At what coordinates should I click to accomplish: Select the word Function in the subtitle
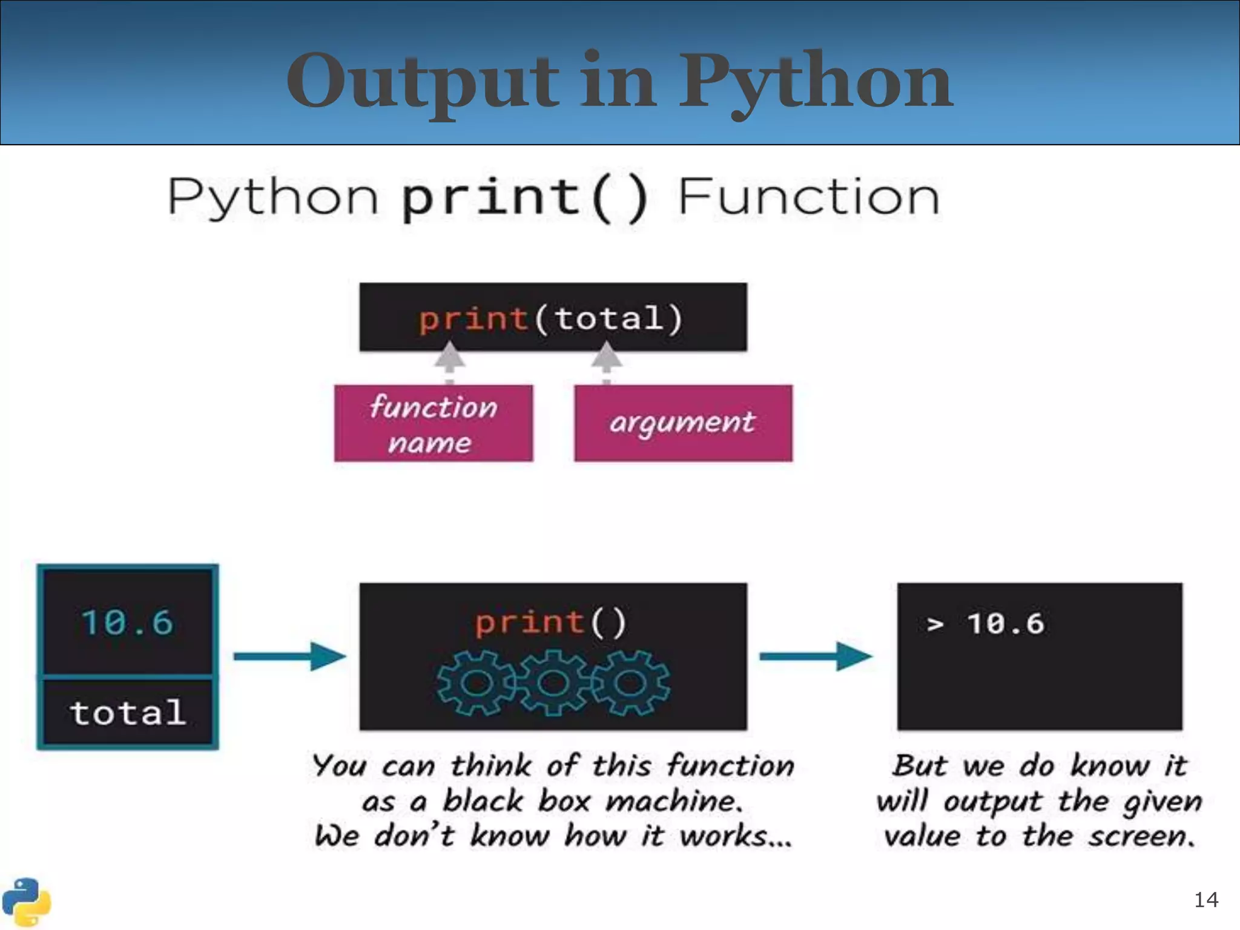click(808, 197)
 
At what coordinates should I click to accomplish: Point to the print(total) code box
click(553, 317)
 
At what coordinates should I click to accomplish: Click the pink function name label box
click(434, 423)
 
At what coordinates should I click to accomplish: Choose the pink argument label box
click(683, 423)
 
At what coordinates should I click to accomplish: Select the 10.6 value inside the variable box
click(128, 622)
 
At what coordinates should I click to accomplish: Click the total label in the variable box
click(128, 713)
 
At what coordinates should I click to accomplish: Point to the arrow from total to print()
click(289, 656)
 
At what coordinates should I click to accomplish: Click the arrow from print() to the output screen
click(816, 656)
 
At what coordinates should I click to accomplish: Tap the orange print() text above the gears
click(551, 622)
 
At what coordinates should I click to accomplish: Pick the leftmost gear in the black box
click(477, 683)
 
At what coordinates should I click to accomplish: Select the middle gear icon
click(552, 683)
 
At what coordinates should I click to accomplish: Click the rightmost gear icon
click(630, 683)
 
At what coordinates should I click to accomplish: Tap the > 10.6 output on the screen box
click(986, 624)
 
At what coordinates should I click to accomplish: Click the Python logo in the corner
click(25, 902)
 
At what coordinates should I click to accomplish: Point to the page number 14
click(1205, 900)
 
